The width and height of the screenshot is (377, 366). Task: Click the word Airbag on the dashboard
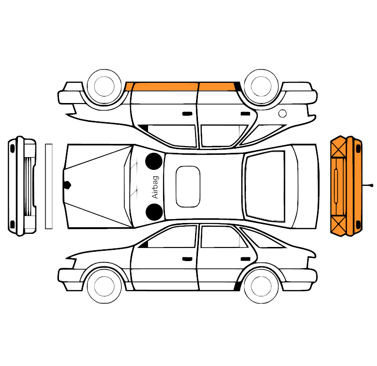[x=156, y=187]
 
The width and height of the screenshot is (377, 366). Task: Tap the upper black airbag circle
[x=154, y=161]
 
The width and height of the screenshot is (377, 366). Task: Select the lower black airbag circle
[x=154, y=212]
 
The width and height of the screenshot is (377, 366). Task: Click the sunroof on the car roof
[x=188, y=186]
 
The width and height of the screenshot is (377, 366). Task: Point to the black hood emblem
[x=67, y=185]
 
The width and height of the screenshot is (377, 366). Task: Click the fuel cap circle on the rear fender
[x=282, y=113]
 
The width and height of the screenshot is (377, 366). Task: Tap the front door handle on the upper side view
[x=187, y=113]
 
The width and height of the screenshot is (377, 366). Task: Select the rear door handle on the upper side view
[x=246, y=113]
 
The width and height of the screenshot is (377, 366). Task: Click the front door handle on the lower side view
[x=187, y=259]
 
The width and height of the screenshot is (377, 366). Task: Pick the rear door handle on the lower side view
[x=246, y=259]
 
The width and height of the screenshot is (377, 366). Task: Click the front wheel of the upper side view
[x=104, y=86]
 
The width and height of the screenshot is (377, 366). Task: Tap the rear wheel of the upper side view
[x=261, y=86]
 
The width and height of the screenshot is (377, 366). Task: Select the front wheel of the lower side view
[x=104, y=286]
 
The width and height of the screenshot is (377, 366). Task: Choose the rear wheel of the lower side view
[x=261, y=286]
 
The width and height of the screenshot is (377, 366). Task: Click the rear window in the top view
[x=265, y=186]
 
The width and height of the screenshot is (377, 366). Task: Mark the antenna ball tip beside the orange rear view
[x=372, y=185]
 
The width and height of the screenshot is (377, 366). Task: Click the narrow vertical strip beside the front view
[x=49, y=186]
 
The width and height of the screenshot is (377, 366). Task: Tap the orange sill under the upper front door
[x=165, y=87]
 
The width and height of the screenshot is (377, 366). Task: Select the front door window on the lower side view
[x=172, y=237]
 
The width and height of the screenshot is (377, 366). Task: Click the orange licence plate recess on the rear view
[x=336, y=186]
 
